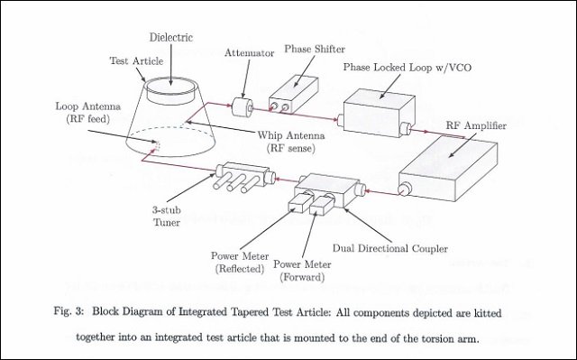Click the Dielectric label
(x=171, y=37)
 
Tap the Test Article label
(x=136, y=60)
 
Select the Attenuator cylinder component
(x=243, y=107)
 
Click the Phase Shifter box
(x=293, y=95)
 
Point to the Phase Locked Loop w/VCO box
(x=379, y=114)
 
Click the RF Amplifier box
(x=448, y=169)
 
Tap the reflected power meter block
(x=300, y=203)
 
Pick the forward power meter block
(x=321, y=205)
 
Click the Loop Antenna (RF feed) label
(x=88, y=112)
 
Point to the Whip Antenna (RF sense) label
(x=290, y=142)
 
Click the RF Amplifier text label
(x=476, y=125)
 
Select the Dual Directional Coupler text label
(x=390, y=248)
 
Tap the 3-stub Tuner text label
(x=166, y=216)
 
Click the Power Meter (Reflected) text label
(x=240, y=262)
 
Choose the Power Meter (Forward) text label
(x=302, y=271)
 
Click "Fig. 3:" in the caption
(x=69, y=311)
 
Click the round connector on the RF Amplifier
(x=405, y=189)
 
